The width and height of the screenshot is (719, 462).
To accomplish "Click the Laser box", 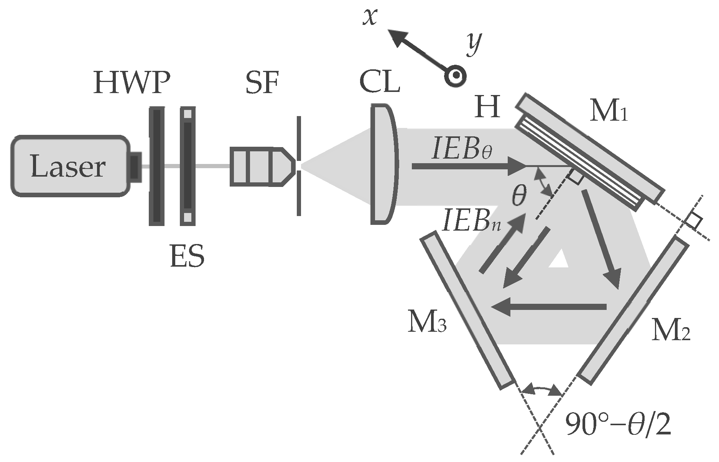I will coord(69,166).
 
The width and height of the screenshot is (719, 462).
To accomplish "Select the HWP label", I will coord(131,83).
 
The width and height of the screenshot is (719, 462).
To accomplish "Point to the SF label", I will coord(262,83).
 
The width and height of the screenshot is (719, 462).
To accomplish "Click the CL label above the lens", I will coord(380,82).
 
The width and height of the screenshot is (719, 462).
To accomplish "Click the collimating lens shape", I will coord(383,164).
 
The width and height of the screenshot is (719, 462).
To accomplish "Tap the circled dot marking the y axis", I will coord(455,76).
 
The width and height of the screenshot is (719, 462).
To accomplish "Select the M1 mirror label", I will coord(608,112).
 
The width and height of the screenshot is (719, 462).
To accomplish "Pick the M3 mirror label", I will coord(427,323).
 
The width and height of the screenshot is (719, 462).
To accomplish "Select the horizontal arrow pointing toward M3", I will coord(548,306).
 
